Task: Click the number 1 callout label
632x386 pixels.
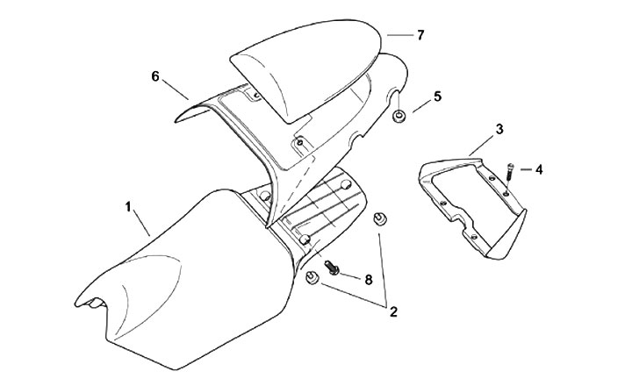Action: pyautogui.click(x=129, y=207)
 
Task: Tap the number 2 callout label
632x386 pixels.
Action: pyautogui.click(x=394, y=311)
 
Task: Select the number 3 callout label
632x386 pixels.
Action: pyautogui.click(x=499, y=129)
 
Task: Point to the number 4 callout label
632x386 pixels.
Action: pyautogui.click(x=538, y=168)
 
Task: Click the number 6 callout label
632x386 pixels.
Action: pyautogui.click(x=155, y=76)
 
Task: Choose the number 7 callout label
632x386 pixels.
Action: pyautogui.click(x=420, y=35)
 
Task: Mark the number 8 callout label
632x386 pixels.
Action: pyautogui.click(x=368, y=280)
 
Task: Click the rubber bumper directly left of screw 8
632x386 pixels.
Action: pyautogui.click(x=311, y=278)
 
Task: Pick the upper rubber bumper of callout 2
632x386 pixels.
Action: pyautogui.click(x=380, y=220)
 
